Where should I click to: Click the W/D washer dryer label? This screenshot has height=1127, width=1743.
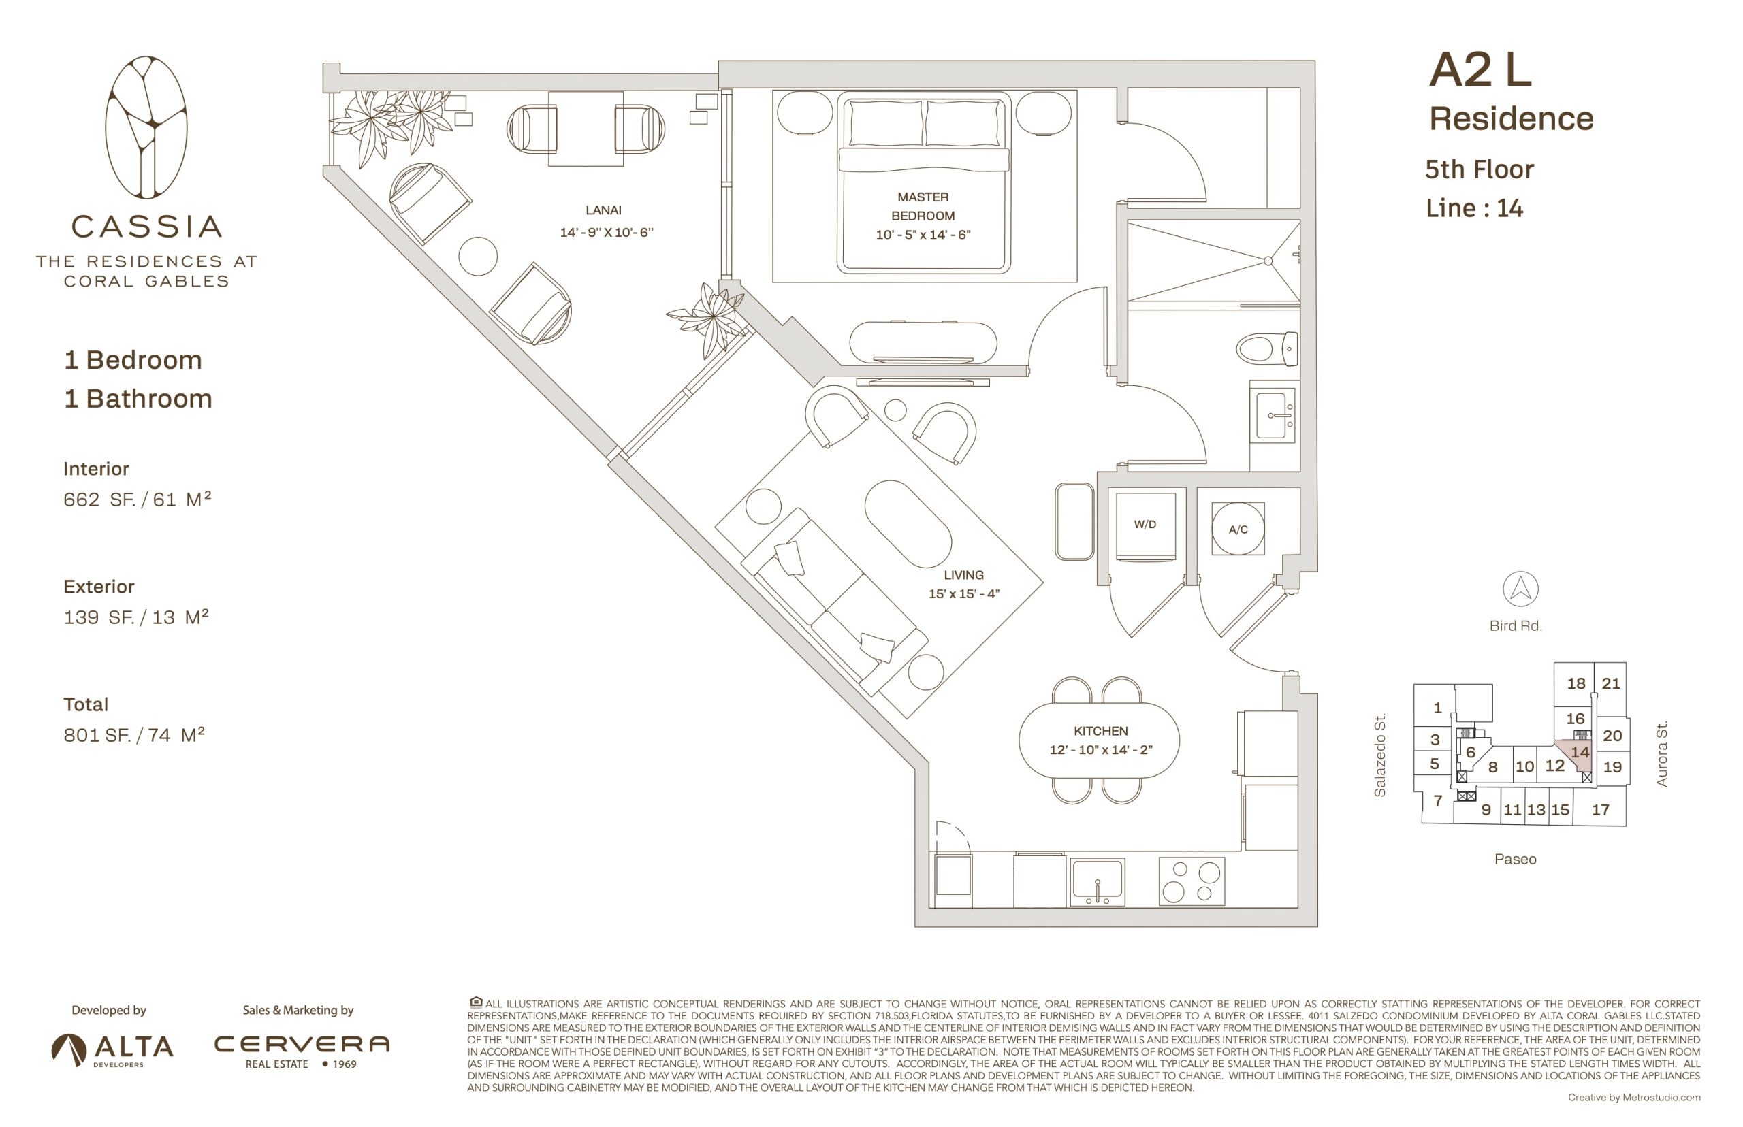[1145, 525]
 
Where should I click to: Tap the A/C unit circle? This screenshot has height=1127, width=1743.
[1237, 527]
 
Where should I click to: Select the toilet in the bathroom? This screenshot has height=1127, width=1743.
[1266, 349]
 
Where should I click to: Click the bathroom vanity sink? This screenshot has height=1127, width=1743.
[1274, 416]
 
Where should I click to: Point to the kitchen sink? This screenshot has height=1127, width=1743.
[1097, 881]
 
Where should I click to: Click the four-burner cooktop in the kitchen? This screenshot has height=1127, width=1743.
[1192, 881]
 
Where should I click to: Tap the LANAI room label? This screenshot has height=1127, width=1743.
[603, 211]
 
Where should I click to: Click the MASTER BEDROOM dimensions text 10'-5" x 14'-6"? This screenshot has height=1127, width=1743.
[923, 235]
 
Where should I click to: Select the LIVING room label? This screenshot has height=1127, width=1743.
[963, 575]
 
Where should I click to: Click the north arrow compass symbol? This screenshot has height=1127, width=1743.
[1520, 589]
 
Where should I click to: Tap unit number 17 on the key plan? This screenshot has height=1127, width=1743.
[1600, 809]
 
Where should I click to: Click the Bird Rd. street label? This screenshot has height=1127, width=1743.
[1516, 625]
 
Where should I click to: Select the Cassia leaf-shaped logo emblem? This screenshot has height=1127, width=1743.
[146, 127]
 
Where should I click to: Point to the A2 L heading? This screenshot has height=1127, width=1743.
[1480, 70]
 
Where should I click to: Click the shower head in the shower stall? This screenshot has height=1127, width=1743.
[1268, 261]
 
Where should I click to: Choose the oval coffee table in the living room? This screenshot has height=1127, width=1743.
[908, 524]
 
